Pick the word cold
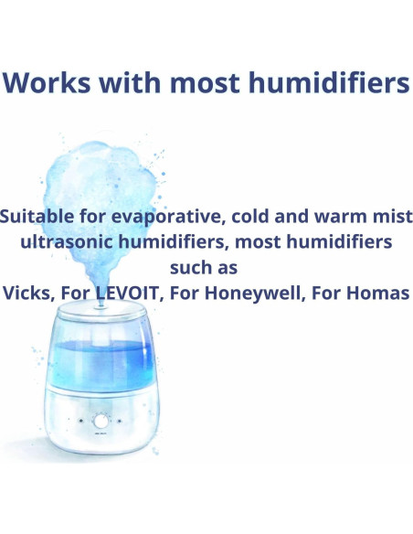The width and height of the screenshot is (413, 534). [259, 218]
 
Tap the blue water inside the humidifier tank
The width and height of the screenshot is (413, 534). [101, 362]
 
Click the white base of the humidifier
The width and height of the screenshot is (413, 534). [101, 430]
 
